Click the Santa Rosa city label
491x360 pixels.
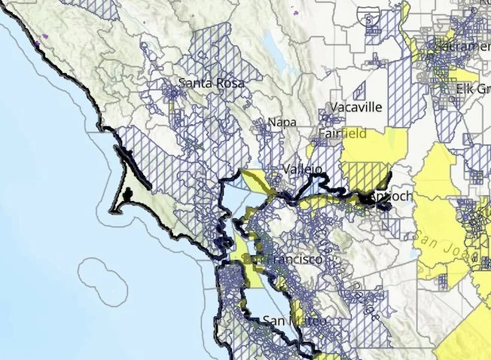click(x=212, y=84)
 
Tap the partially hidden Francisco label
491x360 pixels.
click(x=294, y=259)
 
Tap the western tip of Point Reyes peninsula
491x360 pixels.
click(x=111, y=210)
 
